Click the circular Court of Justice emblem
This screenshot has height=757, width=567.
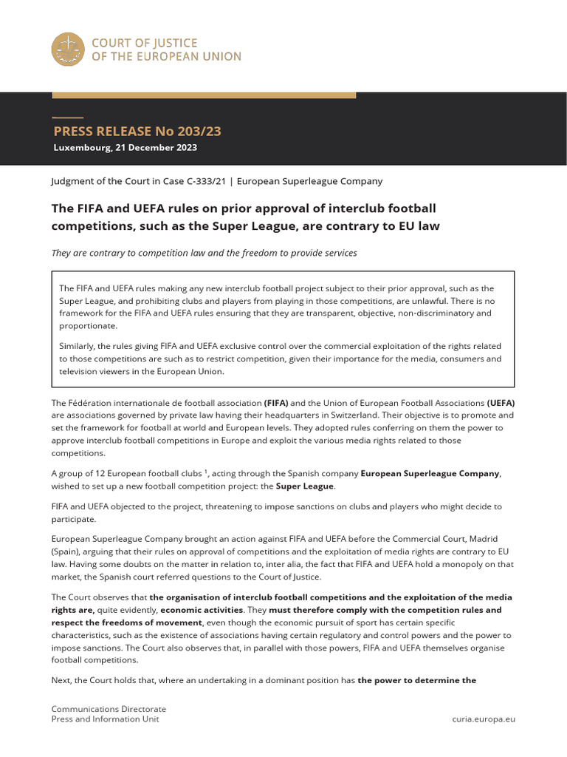pos(67,49)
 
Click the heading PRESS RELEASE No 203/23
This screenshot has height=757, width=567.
pos(137,132)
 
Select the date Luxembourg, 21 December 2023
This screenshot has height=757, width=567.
pos(125,147)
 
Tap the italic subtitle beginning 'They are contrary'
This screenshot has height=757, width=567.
pos(204,253)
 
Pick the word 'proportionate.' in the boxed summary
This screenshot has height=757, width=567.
pos(88,325)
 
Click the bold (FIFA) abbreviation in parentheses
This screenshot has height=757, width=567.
pos(277,403)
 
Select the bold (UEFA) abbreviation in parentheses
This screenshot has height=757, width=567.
pos(501,403)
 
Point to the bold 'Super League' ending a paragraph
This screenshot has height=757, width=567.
pos(305,486)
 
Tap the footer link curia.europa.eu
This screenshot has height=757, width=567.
pos(483,719)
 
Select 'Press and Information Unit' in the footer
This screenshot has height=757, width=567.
pos(105,719)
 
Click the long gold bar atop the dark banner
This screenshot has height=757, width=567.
pos(203,95)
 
